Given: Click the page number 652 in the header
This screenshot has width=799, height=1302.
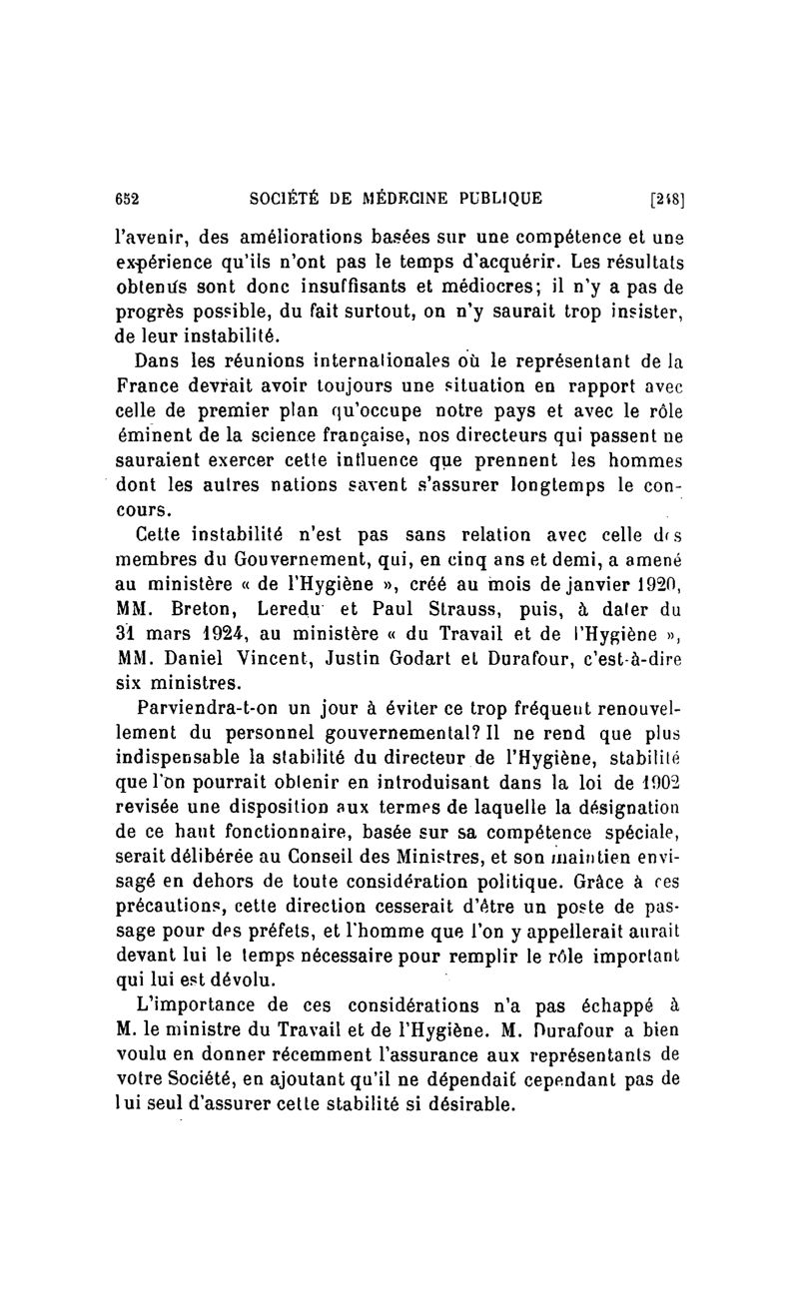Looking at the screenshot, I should [x=126, y=198].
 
